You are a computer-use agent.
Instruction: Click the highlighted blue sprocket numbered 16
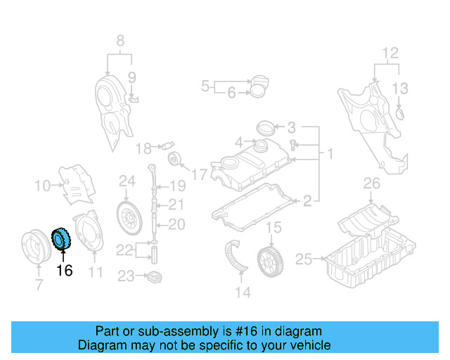[x=60, y=240]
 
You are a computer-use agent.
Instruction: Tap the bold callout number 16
[x=64, y=270]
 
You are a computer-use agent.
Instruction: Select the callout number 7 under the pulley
[x=39, y=284]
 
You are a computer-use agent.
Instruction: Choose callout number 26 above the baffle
[x=371, y=185]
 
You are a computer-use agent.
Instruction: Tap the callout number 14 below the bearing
[x=243, y=292]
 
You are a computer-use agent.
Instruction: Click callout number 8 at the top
[x=120, y=39]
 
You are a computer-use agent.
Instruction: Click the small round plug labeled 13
[x=401, y=112]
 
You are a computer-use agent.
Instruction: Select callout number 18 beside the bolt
[x=143, y=148]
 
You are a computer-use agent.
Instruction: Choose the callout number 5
[x=205, y=86]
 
